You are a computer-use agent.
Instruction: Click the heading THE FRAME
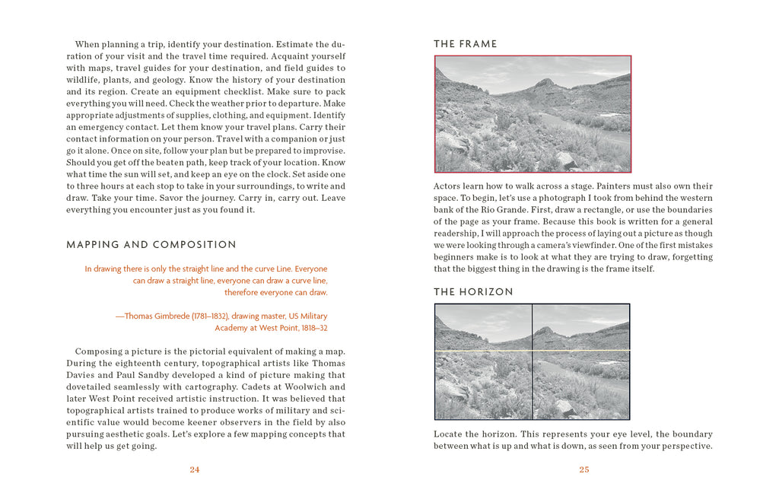point(465,44)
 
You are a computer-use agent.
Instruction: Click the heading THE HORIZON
point(473,292)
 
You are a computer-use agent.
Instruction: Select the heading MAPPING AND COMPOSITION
point(151,245)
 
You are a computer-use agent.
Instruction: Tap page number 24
point(195,469)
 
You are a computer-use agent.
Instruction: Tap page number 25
point(583,469)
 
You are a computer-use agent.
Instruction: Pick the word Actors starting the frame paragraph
point(447,186)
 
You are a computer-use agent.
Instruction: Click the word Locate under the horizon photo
point(449,434)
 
